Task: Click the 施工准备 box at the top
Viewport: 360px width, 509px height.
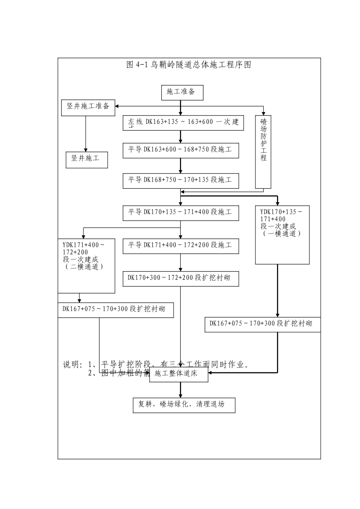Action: point(182,92)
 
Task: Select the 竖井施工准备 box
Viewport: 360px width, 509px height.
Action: point(88,107)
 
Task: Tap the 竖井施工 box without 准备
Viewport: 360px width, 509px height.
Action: point(86,159)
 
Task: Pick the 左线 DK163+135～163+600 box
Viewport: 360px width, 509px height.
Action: point(183,123)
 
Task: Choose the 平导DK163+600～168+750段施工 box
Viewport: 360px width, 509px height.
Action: point(181,150)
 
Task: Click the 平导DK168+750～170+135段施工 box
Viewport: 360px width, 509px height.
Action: point(181,180)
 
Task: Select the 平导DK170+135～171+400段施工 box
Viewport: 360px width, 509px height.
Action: point(181,213)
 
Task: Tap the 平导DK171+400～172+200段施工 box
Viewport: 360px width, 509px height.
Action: point(181,246)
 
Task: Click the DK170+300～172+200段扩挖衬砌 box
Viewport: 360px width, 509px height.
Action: point(181,279)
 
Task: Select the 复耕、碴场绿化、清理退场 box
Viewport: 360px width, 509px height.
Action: point(184,405)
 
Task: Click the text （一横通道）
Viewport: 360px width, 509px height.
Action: point(282,234)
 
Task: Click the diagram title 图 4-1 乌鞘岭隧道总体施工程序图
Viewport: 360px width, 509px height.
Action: point(189,65)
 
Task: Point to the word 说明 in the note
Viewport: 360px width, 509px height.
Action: point(72,365)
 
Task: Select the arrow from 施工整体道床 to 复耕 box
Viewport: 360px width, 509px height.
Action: point(180,390)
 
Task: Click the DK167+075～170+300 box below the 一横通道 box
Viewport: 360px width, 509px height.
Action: point(262,324)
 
